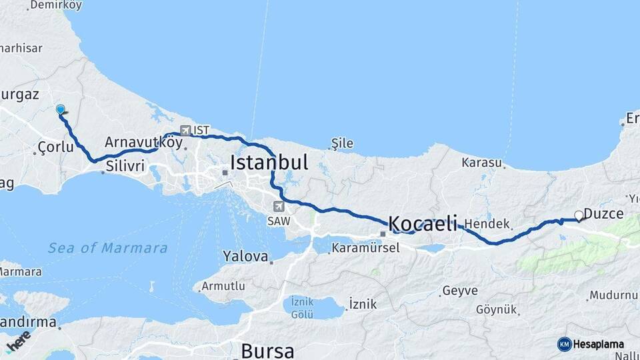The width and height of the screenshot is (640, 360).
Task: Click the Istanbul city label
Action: click(269, 162)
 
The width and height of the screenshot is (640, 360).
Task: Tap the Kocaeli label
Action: click(423, 223)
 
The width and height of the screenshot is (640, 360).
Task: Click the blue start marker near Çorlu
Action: click(61, 110)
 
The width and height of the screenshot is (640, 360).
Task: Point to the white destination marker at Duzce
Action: click(579, 215)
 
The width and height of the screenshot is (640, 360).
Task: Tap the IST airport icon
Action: click(185, 131)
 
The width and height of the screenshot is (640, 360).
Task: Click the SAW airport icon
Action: click(277, 207)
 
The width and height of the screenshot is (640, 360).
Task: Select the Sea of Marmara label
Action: click(107, 248)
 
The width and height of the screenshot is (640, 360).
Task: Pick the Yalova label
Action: click(245, 256)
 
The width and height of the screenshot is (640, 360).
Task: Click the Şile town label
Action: click(342, 143)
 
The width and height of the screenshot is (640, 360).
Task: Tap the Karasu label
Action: click(481, 163)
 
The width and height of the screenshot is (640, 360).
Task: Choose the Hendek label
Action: click(487, 224)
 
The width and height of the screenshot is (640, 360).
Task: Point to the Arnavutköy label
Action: click(143, 142)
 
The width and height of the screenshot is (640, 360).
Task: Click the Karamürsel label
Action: click(365, 248)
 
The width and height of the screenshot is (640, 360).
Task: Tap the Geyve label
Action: click(459, 291)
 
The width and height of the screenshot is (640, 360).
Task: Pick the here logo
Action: click(19, 341)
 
